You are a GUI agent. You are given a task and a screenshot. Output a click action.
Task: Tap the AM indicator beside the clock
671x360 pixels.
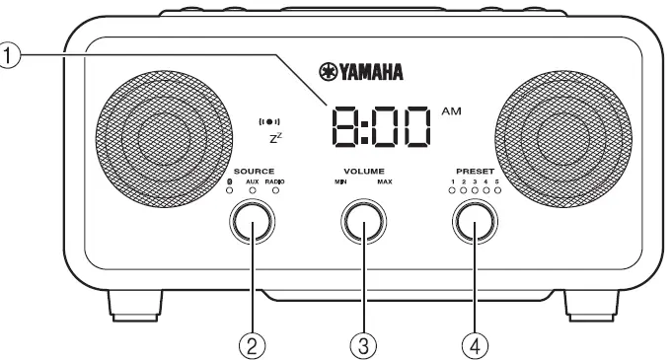(x=451, y=111)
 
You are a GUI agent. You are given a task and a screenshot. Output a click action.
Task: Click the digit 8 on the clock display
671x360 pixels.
(x=347, y=125)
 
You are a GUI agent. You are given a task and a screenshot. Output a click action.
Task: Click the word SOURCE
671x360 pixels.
(x=254, y=172)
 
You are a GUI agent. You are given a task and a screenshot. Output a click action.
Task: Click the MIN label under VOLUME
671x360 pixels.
(x=340, y=182)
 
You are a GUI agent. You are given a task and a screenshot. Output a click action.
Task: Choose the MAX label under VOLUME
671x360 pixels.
(x=384, y=182)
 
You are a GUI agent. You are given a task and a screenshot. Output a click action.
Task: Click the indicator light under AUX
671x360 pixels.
(x=252, y=191)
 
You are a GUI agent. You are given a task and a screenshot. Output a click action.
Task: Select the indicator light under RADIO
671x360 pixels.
(x=275, y=191)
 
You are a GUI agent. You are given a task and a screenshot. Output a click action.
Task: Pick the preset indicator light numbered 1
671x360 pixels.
(x=452, y=191)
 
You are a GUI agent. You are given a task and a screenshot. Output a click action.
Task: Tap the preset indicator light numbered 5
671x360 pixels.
(x=498, y=191)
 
